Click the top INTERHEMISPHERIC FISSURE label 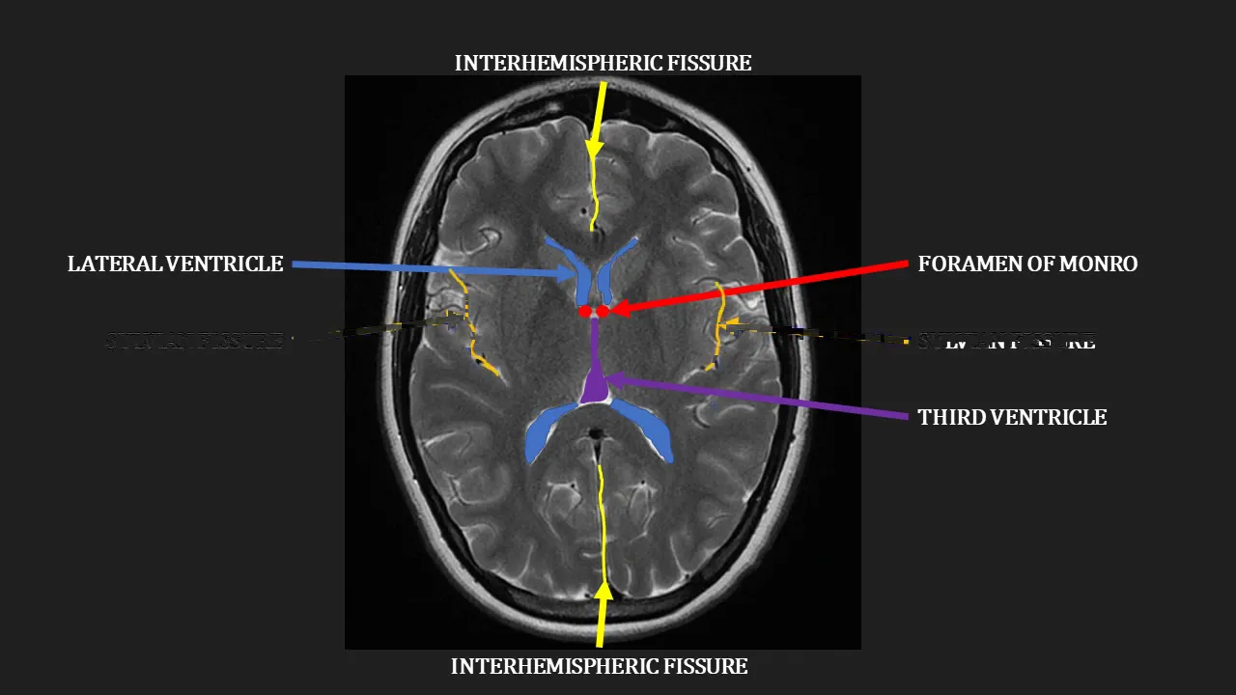[x=603, y=64]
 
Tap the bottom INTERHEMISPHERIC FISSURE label [x=599, y=667]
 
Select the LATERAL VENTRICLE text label [x=175, y=264]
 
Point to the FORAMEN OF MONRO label [x=1027, y=264]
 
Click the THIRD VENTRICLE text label [x=1012, y=418]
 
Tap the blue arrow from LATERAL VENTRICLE [x=435, y=269]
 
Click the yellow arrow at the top [x=599, y=116]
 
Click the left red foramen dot [x=585, y=312]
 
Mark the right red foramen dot [x=603, y=311]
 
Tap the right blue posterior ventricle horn [x=646, y=429]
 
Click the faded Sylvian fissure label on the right [x=1005, y=342]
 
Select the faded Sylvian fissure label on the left [x=195, y=341]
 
